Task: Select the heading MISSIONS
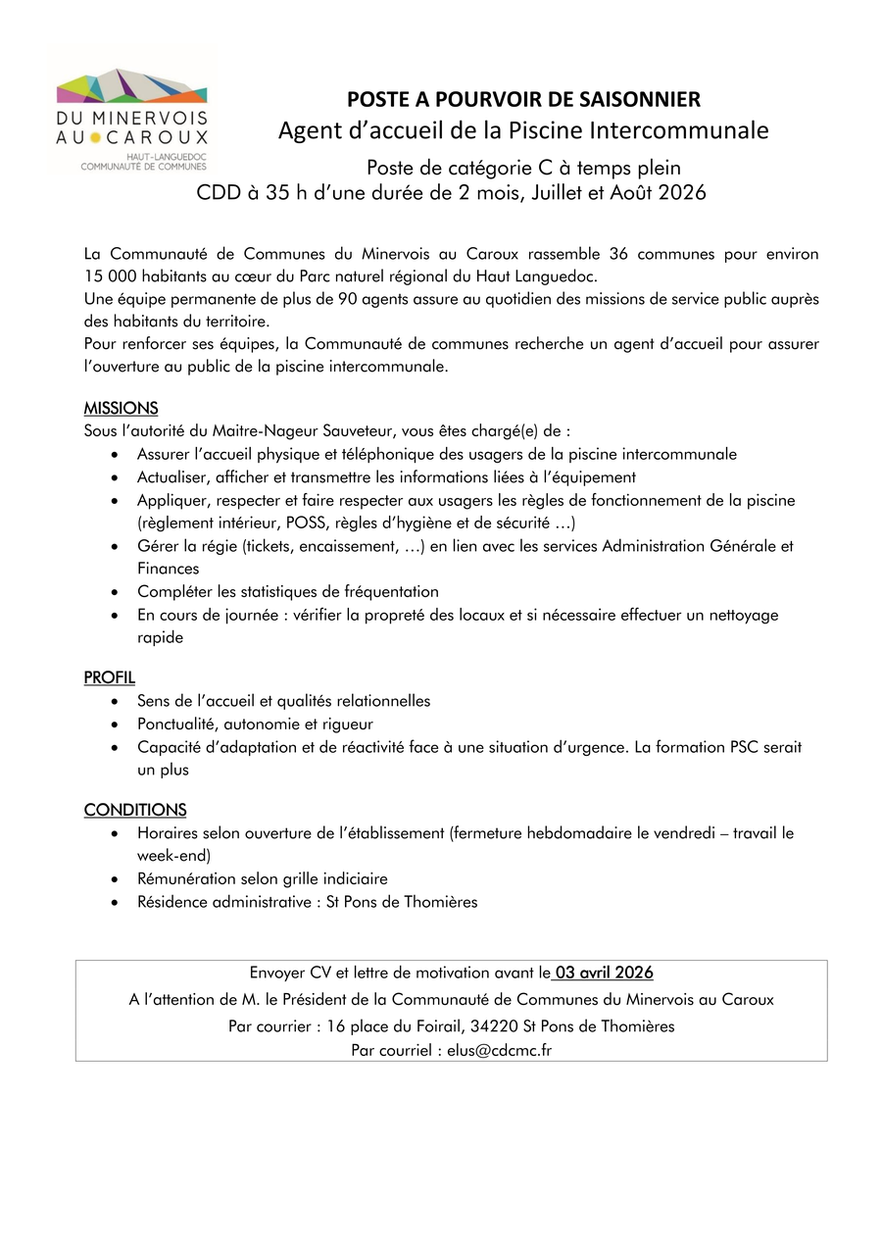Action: (121, 408)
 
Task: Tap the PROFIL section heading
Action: (110, 677)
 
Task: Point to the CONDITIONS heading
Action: (135, 810)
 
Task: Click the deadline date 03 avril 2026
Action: (604, 973)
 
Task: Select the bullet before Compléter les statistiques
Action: (117, 592)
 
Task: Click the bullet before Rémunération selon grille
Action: (117, 879)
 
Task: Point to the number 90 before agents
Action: (347, 299)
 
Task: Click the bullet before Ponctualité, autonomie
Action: (117, 724)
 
